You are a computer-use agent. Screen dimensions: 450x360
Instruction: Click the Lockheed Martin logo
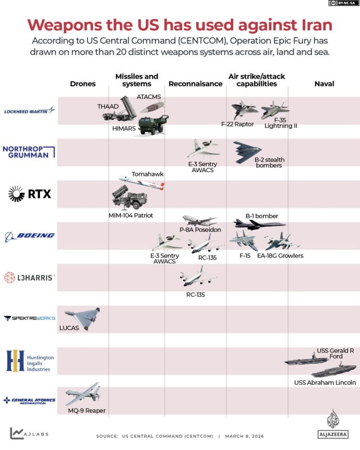(x=29, y=110)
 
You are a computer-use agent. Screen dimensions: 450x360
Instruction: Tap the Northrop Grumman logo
(x=29, y=152)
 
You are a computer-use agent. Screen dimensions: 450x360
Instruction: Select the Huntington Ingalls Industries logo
(x=29, y=361)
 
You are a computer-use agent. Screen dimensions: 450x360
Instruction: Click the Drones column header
(x=83, y=84)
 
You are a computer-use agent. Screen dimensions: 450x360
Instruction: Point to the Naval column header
(x=324, y=84)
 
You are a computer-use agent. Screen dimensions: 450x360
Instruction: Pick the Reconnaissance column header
(x=196, y=84)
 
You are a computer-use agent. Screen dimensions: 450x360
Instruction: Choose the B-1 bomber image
(x=259, y=224)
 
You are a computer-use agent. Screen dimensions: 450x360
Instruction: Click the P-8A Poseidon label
(x=200, y=230)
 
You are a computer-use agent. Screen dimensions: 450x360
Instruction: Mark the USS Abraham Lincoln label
(x=325, y=383)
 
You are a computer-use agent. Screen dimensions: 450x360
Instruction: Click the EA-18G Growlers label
(x=280, y=256)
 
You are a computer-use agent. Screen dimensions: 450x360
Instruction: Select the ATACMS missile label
(x=149, y=97)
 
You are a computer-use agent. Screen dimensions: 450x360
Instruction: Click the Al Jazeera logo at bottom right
(x=333, y=424)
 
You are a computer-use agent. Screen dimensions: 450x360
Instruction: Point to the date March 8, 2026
(x=245, y=436)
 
